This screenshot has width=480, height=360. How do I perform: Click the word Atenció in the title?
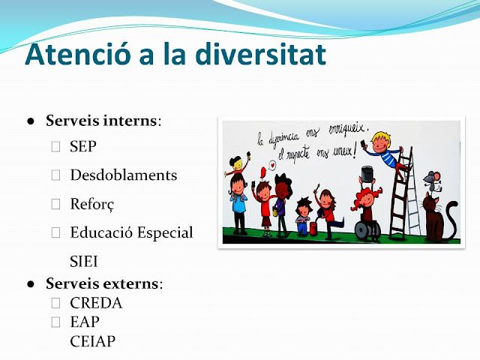tap(78, 54)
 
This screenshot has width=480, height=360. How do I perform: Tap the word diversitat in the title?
tap(260, 54)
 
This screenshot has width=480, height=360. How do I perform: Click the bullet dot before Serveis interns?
tap(31, 121)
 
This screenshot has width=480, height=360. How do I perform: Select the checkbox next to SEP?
tap(55, 146)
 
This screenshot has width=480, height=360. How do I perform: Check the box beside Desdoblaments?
tap(55, 175)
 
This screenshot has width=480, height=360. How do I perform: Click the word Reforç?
tap(92, 204)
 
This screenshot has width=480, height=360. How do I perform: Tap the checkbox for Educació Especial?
tap(55, 232)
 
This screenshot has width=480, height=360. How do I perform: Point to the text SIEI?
tap(84, 262)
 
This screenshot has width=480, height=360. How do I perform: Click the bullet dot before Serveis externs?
tap(31, 284)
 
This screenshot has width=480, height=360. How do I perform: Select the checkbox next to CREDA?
tap(55, 303)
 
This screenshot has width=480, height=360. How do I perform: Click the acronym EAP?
tap(85, 322)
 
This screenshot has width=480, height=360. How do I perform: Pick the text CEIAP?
tap(93, 341)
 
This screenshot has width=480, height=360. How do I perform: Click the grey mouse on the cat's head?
tap(432, 181)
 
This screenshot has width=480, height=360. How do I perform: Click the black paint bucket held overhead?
tap(367, 174)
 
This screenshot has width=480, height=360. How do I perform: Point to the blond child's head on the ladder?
tap(381, 142)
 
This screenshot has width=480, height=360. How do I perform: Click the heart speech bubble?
tap(271, 165)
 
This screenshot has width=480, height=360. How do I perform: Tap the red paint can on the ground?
tap(313, 229)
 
